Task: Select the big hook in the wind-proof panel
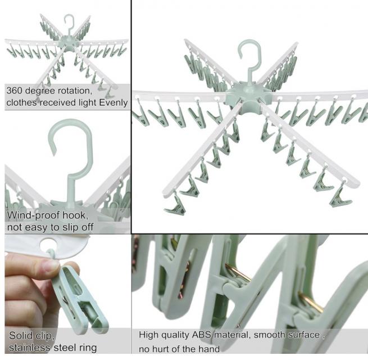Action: (x=71, y=157)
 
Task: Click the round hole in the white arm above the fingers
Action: (x=48, y=245)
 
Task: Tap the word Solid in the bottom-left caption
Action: (x=20, y=335)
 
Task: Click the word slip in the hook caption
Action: (x=71, y=227)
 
